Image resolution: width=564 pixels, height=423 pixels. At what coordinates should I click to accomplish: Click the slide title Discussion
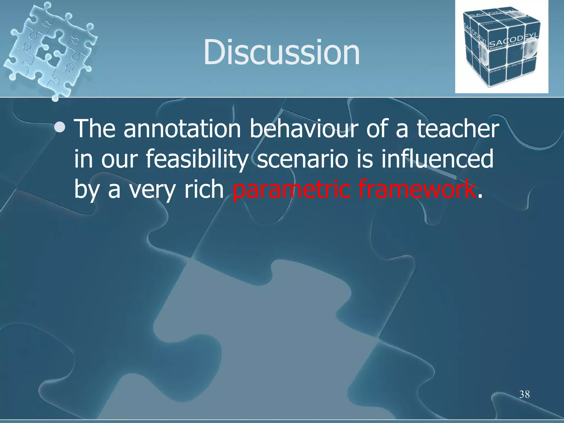[x=281, y=52]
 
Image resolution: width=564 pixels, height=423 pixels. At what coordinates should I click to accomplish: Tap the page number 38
[x=524, y=394]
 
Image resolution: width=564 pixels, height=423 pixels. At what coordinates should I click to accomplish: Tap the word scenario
[x=302, y=160]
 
